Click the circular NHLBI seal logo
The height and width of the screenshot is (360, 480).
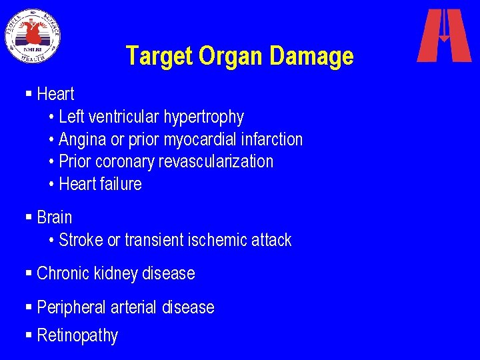[33, 35]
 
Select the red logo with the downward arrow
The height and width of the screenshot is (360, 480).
[443, 35]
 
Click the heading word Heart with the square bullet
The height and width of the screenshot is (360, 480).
[55, 94]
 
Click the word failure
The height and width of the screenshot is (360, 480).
[121, 183]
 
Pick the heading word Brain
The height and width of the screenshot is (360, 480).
[55, 217]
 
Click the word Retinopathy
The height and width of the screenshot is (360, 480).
[77, 335]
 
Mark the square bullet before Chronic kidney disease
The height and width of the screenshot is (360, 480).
[28, 273]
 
